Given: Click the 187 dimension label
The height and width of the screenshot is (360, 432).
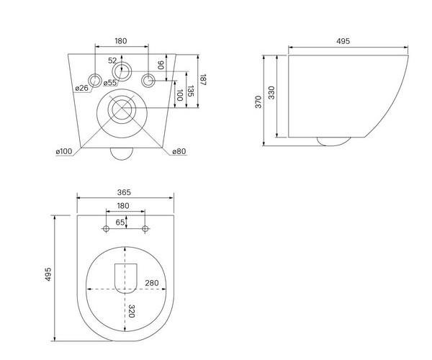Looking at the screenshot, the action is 203,80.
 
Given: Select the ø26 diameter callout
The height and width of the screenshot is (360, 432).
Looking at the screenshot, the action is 82,88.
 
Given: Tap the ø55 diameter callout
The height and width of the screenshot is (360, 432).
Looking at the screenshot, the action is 109,82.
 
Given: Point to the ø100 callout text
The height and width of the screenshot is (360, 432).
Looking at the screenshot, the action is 64,151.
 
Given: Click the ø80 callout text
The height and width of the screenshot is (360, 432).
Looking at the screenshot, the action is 179,151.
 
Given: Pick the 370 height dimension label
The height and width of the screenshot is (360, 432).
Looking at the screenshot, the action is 258,102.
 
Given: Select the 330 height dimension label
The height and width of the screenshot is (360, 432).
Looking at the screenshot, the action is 271,93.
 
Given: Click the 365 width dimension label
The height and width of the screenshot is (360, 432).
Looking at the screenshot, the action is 124,192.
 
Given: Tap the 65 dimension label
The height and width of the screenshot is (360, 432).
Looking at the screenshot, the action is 120,222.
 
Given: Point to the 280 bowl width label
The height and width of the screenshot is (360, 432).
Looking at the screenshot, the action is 152,283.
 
